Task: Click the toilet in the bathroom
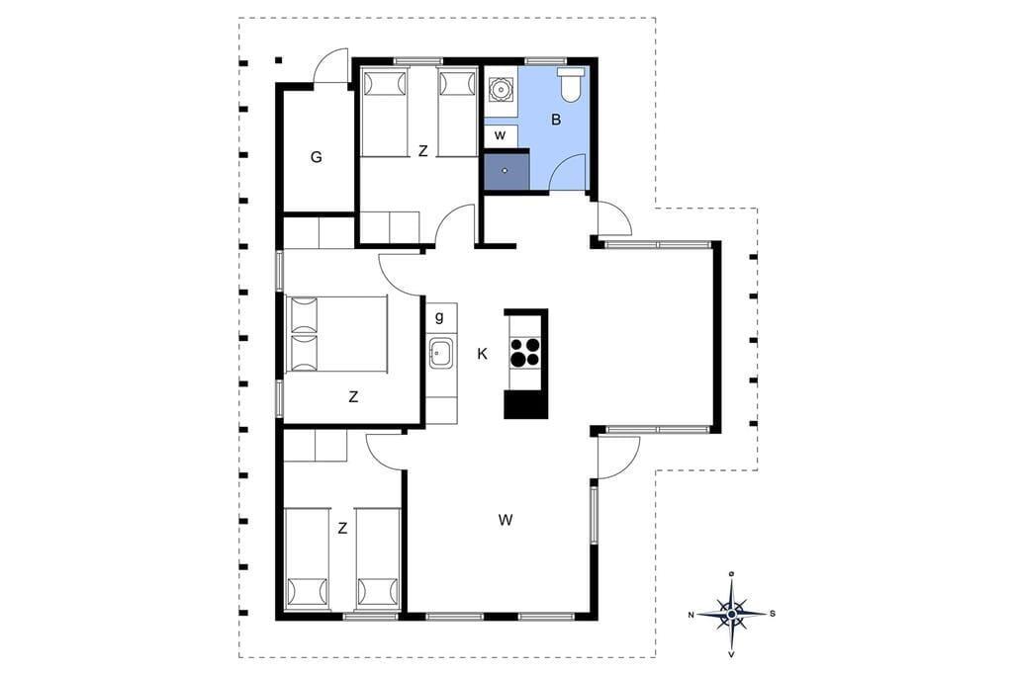[571, 85]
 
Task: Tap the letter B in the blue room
[556, 120]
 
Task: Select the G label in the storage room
[316, 157]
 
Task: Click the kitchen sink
[441, 353]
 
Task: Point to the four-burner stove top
[524, 353]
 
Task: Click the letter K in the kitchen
[482, 354]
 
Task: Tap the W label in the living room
[506, 519]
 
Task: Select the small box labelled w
[500, 135]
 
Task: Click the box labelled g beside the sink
[441, 317]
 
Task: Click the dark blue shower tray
[506, 170]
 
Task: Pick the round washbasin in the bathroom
[500, 90]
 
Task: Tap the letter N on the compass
[691, 615]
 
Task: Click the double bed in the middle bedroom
[336, 334]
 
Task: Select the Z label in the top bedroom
[423, 151]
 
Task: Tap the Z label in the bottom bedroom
[342, 529]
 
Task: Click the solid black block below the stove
[526, 405]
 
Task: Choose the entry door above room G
[330, 66]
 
